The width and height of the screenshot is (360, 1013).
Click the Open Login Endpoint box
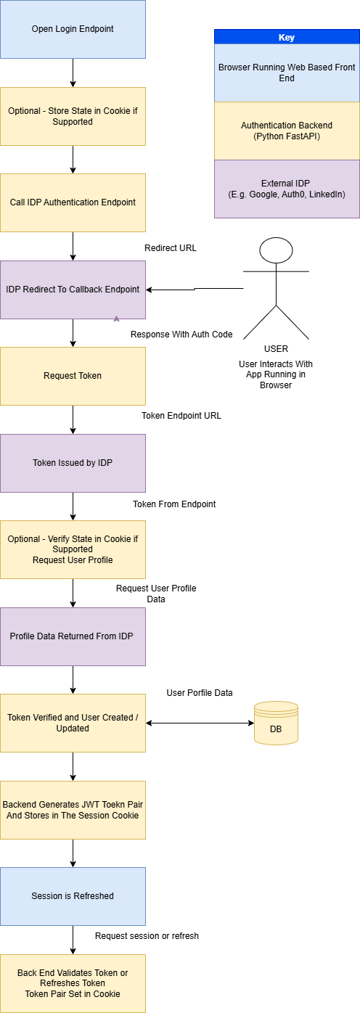click(x=73, y=29)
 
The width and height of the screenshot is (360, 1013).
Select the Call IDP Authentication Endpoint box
click(x=73, y=202)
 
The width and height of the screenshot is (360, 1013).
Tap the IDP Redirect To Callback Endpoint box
click(x=73, y=290)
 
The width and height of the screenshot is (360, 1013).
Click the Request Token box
click(x=73, y=376)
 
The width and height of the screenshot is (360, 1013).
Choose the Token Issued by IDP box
click(x=73, y=463)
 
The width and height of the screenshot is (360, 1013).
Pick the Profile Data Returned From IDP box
click(x=73, y=636)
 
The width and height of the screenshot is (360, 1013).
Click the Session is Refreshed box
click(x=73, y=896)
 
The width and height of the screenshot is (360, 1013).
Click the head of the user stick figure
click(x=276, y=250)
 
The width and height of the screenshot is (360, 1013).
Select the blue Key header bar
click(x=287, y=37)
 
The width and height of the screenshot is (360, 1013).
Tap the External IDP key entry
click(x=287, y=189)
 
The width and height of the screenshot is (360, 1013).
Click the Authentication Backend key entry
click(x=287, y=131)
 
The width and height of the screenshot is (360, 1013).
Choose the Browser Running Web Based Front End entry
click(x=287, y=73)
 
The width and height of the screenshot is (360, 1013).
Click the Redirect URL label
click(x=171, y=248)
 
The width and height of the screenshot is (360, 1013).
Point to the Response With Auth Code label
click(x=181, y=335)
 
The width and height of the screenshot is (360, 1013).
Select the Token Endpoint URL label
click(x=181, y=416)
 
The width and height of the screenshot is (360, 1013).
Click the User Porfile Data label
click(x=200, y=693)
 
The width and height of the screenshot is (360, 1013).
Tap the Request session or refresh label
click(x=147, y=936)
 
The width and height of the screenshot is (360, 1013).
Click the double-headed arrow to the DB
click(x=200, y=723)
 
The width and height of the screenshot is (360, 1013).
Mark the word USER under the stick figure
click(x=276, y=349)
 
